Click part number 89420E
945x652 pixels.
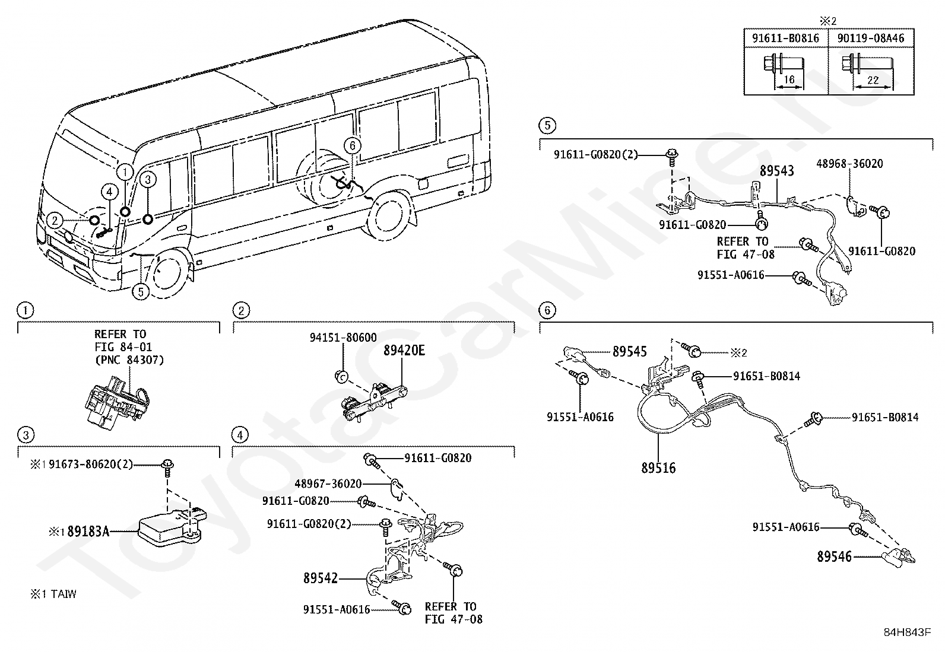pos(404,351)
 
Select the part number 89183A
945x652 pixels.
pos(88,532)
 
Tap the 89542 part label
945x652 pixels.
pos(321,578)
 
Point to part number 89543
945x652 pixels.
pos(776,171)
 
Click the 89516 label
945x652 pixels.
pos(658,468)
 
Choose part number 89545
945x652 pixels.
pos(629,352)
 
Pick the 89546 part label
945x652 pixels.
pos(835,556)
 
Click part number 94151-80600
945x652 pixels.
pos(343,338)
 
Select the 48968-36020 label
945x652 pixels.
pos(849,164)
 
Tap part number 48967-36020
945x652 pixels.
pos(328,484)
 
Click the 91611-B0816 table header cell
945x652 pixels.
pos(785,39)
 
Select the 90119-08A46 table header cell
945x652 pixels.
pos(871,39)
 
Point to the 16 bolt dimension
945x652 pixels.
pos(789,79)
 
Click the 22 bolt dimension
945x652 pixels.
pos(873,80)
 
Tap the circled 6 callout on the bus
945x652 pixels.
pos(352,145)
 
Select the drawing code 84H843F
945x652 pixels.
pos(907,632)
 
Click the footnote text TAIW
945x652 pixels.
pos(64,594)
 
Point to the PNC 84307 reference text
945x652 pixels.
pos(129,360)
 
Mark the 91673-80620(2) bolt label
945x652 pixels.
pos(91,465)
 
